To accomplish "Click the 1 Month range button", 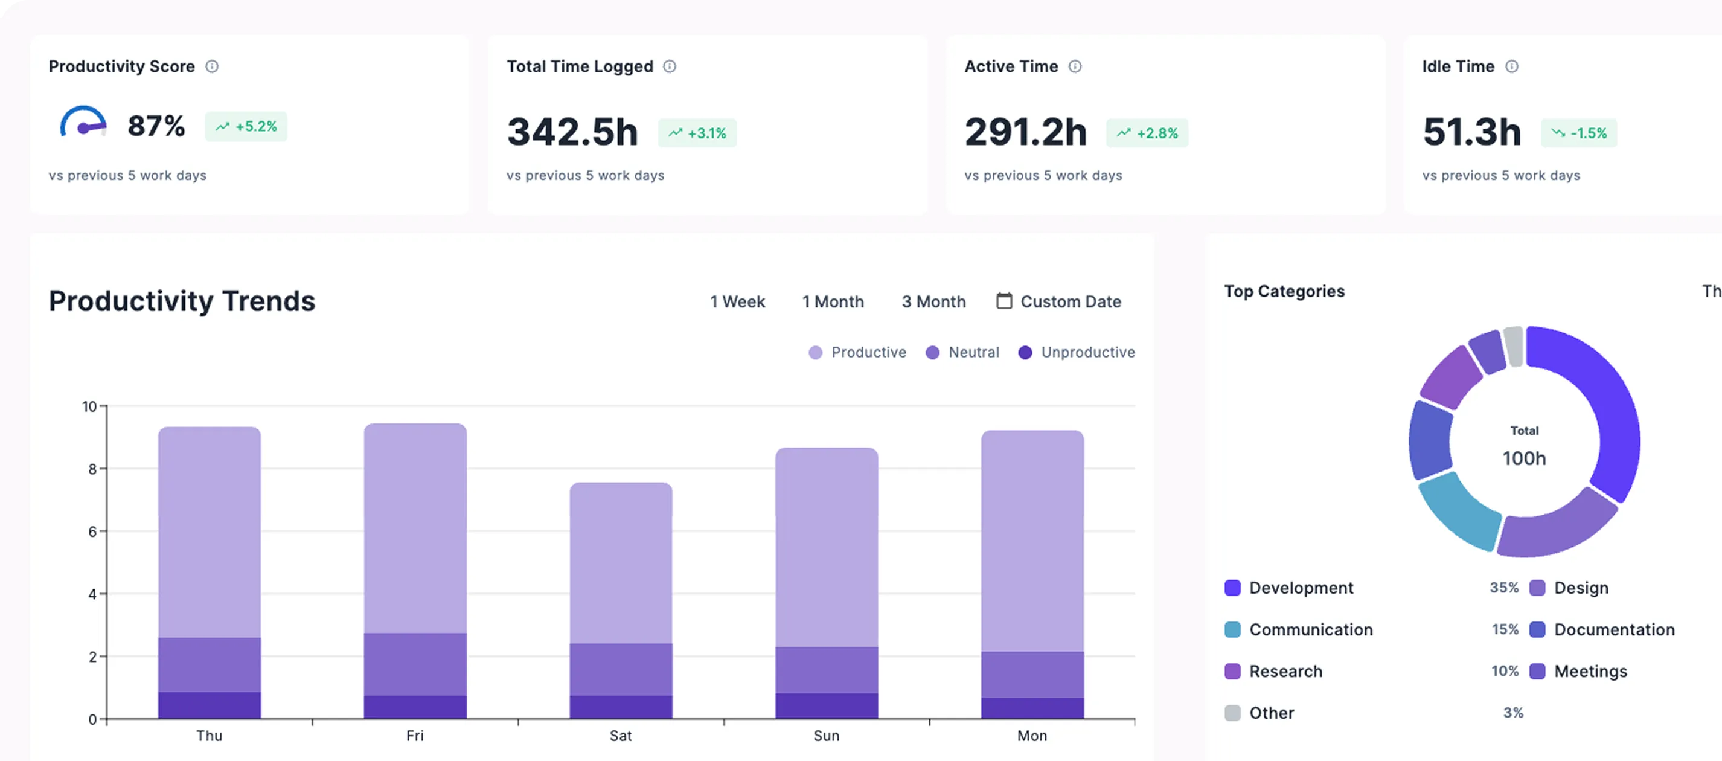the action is (x=833, y=301).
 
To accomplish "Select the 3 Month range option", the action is (x=934, y=301).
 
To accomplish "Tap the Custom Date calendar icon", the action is (x=1004, y=301).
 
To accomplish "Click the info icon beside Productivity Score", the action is (x=212, y=66).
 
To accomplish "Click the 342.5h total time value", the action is (x=572, y=132).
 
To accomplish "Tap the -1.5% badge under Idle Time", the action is (x=1579, y=133).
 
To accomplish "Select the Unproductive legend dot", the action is (x=1025, y=352).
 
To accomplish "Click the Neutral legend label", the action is (x=974, y=352).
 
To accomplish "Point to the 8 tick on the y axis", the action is (x=92, y=469).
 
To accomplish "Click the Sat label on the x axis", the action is (x=620, y=736).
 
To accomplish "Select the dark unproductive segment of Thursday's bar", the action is (x=210, y=705).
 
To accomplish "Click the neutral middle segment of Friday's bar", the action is (x=415, y=664).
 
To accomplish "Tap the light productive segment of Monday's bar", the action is (x=1032, y=541).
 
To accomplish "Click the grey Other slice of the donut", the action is (x=1514, y=345).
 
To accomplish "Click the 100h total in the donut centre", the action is (x=1524, y=458).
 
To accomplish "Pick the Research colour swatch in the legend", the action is (x=1233, y=672).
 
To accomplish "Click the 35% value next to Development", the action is (x=1504, y=588).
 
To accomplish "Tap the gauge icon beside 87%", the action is (x=83, y=121).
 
